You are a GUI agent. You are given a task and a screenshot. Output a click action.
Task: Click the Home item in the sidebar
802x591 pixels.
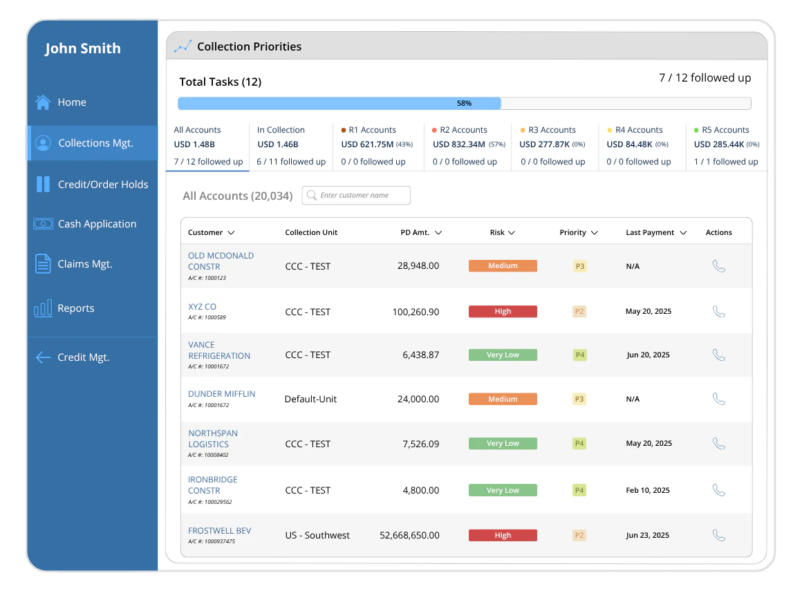[x=71, y=102]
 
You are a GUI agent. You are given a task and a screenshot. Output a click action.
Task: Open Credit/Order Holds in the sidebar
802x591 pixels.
[x=102, y=185]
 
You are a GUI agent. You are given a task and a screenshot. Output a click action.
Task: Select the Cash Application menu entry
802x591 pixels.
[x=97, y=224]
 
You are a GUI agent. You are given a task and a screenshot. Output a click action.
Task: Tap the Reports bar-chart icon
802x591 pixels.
[x=43, y=308]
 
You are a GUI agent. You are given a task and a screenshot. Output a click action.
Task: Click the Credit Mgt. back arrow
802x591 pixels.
[x=43, y=357]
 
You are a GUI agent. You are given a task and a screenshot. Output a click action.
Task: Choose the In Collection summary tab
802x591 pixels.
[x=290, y=145]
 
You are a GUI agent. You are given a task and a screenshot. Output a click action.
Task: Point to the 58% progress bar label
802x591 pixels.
[x=464, y=104]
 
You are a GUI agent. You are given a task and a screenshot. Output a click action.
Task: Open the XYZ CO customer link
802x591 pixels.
[x=202, y=307]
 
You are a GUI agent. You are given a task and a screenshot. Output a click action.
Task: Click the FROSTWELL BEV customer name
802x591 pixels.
[x=219, y=531]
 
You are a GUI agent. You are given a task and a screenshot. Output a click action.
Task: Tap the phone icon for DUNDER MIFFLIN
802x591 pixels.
[x=718, y=399]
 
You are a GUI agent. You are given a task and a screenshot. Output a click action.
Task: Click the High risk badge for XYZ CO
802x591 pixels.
[x=503, y=312]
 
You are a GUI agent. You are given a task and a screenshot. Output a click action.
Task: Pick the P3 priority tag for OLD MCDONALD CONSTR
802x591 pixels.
[x=579, y=266]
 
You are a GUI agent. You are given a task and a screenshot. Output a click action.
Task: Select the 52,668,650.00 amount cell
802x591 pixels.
[x=409, y=535]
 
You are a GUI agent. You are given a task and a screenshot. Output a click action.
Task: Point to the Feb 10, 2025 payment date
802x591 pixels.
[x=647, y=490]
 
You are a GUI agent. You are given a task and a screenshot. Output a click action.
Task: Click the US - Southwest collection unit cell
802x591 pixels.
[x=317, y=535]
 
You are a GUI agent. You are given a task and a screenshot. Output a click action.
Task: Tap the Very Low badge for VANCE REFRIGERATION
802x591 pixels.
[x=503, y=355]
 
